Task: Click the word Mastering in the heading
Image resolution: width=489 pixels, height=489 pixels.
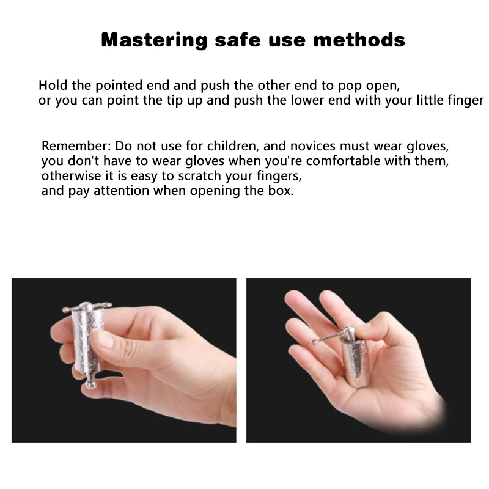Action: pos(154,40)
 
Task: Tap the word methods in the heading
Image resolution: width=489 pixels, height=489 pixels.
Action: pos(359,40)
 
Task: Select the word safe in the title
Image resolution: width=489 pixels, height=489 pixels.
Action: pos(238,40)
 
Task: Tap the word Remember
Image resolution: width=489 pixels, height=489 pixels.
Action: pos(76,146)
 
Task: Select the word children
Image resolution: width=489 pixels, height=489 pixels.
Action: pos(232,146)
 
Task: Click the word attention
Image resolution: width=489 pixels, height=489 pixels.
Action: pos(121,191)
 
